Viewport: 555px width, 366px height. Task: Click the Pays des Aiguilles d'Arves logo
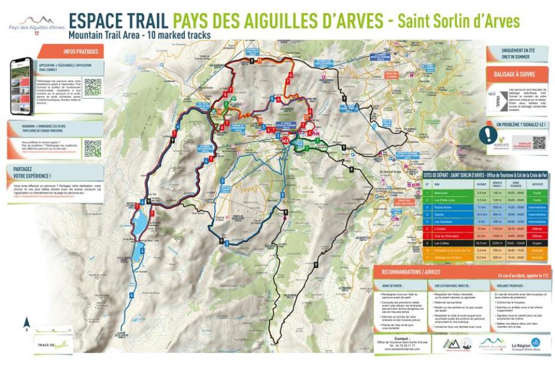(x=37, y=23)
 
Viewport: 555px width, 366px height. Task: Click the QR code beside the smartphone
(x=93, y=87)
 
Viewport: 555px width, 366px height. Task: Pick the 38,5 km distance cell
(x=481, y=242)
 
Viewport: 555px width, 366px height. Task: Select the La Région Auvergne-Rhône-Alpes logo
(x=525, y=344)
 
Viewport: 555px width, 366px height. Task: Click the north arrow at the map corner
(x=27, y=322)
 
